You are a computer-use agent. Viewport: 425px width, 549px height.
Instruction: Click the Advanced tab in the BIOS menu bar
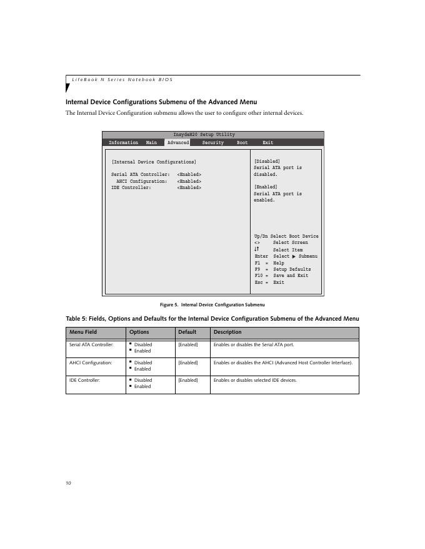coord(178,143)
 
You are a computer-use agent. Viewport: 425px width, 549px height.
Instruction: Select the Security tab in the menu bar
coord(212,143)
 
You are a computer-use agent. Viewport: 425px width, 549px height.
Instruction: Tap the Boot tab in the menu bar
coord(242,143)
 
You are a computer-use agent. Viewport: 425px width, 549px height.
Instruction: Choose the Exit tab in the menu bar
coord(267,143)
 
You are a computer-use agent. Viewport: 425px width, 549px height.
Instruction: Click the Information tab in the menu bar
coord(123,143)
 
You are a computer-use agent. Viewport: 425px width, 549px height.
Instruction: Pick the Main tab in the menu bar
coord(151,143)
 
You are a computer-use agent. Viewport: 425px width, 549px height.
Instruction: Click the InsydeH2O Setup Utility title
coord(204,135)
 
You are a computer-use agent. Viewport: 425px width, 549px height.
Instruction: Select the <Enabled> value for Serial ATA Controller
coord(189,175)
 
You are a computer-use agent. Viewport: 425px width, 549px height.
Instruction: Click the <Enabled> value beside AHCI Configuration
coord(189,181)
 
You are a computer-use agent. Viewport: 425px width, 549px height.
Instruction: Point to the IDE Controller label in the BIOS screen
coord(131,187)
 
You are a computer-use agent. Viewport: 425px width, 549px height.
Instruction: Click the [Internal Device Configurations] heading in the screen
coord(154,162)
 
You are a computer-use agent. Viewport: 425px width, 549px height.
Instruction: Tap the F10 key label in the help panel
coord(259,276)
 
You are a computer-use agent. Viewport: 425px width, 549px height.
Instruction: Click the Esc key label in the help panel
coord(259,282)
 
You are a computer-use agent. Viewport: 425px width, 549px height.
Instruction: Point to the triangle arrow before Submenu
coord(294,256)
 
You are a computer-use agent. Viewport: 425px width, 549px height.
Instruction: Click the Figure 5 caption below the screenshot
coord(212,304)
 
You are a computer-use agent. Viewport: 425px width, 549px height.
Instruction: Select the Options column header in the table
coord(139,332)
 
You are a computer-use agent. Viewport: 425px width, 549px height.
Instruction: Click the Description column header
coord(227,332)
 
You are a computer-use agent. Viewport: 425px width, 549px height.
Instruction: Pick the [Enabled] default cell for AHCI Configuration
coord(188,362)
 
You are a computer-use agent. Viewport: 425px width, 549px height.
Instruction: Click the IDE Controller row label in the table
coord(84,380)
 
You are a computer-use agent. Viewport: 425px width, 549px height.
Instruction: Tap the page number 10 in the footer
coord(68,482)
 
